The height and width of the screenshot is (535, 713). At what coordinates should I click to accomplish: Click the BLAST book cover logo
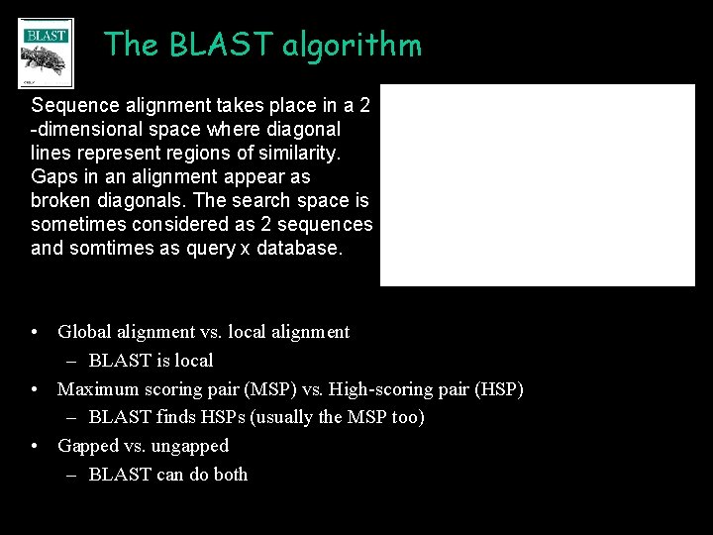(46, 52)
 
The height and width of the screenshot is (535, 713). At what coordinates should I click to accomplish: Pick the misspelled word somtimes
(109, 248)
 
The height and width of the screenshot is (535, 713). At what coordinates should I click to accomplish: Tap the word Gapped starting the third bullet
(87, 446)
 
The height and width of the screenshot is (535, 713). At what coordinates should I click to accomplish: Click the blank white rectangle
(538, 185)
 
